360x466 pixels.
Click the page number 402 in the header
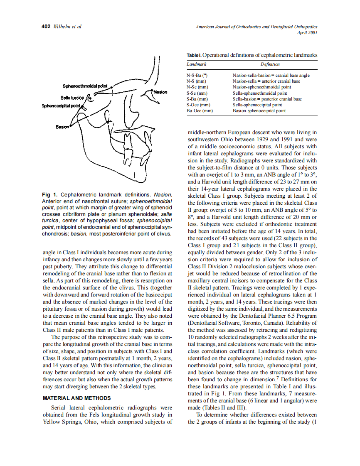(46, 27)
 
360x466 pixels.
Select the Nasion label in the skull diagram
(160, 92)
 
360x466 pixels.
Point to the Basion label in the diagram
(62, 126)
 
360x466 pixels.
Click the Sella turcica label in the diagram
(72, 98)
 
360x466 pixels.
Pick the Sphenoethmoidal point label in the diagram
(85, 86)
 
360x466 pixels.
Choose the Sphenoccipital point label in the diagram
(61, 106)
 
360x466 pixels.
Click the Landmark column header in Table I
(197, 64)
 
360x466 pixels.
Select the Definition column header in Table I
(270, 64)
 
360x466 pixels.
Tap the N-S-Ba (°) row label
(197, 75)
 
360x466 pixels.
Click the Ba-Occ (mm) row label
(200, 111)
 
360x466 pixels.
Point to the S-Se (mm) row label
(197, 93)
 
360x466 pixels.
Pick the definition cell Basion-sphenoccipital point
(259, 111)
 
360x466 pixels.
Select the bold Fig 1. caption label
(50, 195)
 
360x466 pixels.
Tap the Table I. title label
(194, 55)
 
